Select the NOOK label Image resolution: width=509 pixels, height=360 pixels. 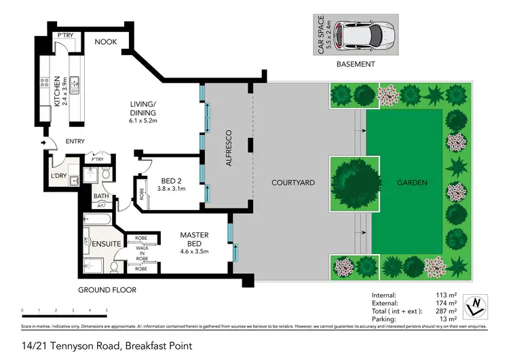tap(105, 42)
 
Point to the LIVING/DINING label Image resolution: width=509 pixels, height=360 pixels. tap(143, 109)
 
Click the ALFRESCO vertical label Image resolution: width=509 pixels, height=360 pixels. tap(229, 147)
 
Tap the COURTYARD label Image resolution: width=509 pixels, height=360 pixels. tap(292, 183)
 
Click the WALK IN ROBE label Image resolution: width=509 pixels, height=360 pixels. tap(142, 253)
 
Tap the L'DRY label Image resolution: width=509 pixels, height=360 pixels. tap(59, 176)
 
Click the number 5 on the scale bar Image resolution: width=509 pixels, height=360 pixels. tap(107, 310)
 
